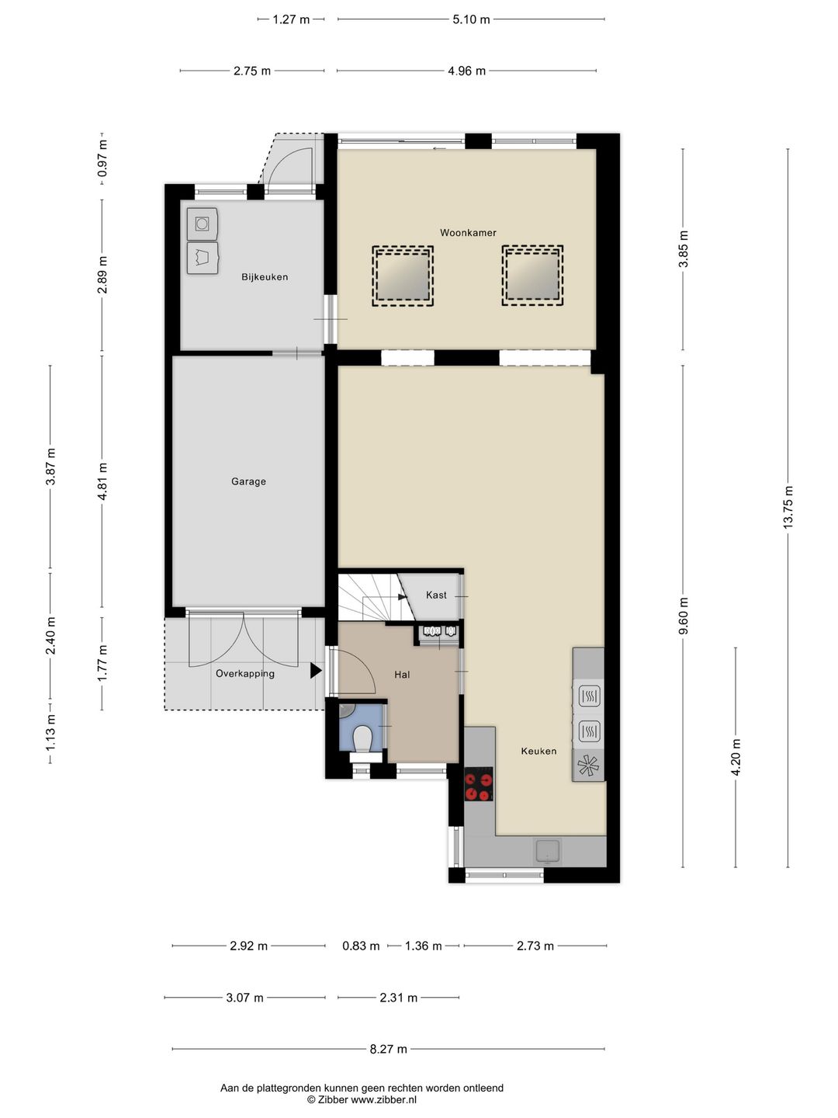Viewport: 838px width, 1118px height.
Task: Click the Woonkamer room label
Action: tap(468, 233)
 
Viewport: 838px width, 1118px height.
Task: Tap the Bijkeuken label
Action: tap(265, 277)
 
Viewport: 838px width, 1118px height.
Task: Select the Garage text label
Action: tap(248, 481)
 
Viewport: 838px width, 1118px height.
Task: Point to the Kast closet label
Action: tap(436, 595)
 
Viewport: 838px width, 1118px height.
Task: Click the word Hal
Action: tap(402, 675)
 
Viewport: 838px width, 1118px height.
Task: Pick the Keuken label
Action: tap(538, 751)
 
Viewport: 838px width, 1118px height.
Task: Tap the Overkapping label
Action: tap(244, 673)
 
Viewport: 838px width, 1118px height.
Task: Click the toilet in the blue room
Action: tap(362, 738)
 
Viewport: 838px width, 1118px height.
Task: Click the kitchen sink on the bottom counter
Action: tap(547, 852)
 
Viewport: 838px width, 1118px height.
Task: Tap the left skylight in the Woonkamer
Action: tap(403, 276)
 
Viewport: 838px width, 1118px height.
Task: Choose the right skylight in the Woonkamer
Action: tap(533, 276)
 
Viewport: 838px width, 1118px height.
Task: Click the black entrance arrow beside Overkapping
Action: tap(316, 670)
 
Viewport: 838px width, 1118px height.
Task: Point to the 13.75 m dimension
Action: tap(788, 508)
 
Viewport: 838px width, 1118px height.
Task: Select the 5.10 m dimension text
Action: tap(471, 19)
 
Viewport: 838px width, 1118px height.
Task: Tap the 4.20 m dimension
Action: tap(736, 758)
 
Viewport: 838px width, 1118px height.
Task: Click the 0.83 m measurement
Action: tap(361, 946)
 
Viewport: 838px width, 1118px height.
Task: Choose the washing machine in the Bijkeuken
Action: tap(203, 224)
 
